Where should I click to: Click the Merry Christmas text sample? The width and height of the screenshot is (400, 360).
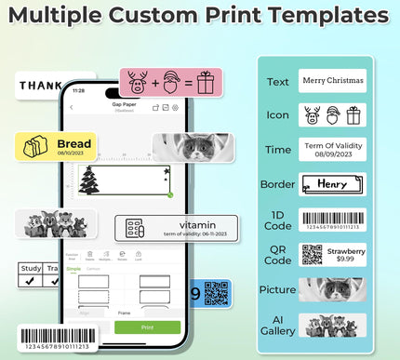coord(332,81)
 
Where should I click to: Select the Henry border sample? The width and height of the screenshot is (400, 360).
coord(332,184)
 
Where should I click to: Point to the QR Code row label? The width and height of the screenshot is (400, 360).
coord(277,254)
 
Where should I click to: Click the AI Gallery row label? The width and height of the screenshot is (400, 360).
coord(277,324)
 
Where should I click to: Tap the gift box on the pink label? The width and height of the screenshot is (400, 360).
coord(205,82)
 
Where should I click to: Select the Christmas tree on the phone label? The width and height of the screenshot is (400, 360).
coord(90,180)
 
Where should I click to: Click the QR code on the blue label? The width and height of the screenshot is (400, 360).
coord(216,293)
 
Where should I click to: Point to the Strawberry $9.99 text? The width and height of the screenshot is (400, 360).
coord(345,254)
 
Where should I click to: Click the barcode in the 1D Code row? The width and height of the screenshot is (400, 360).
coord(332,220)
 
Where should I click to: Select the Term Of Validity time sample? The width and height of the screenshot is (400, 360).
coord(332,149)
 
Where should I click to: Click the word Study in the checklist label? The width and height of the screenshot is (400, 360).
coord(31,269)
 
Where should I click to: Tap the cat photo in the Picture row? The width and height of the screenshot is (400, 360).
coord(332,289)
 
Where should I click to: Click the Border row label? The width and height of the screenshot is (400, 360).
coord(277,184)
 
